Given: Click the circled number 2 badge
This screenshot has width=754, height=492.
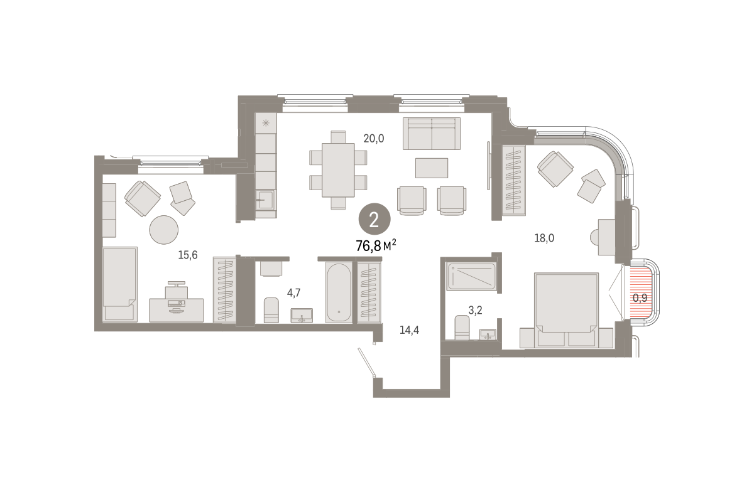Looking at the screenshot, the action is tap(374, 219).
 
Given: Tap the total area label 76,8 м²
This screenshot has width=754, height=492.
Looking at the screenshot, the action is tap(376, 246).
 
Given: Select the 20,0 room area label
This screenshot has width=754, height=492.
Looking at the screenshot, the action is tap(374, 138).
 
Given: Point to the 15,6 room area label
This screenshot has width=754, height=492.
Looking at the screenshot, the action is tap(188, 255).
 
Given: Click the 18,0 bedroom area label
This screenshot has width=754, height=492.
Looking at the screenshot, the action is tap(544, 238).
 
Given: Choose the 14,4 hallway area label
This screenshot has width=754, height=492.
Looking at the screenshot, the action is tap(409, 330).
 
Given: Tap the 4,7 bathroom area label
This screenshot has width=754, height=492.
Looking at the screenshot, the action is tap(293, 293).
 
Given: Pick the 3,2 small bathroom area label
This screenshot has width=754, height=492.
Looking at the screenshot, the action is tap(475, 310).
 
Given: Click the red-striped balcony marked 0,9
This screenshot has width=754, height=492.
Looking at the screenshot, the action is tap(639, 292).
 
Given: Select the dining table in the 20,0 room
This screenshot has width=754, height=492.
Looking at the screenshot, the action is tap(338, 170).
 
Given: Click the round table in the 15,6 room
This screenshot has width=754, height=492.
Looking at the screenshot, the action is tap(163, 230).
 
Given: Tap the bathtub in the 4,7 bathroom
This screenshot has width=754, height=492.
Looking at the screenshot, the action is tap(339, 292).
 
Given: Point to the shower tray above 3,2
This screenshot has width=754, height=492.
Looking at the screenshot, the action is tap(471, 276).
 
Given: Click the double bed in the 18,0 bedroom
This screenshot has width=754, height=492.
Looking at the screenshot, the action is tap(567, 310).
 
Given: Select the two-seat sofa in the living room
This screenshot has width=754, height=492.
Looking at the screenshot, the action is tap(432, 134).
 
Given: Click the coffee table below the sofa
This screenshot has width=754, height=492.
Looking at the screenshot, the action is tap(432, 168).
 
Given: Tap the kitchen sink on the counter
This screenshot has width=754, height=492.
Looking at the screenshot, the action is tap(266, 200).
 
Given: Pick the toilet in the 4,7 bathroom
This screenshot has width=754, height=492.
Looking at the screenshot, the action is tap(271, 310).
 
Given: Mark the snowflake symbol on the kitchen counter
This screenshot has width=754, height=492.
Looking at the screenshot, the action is tap(266, 123).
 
